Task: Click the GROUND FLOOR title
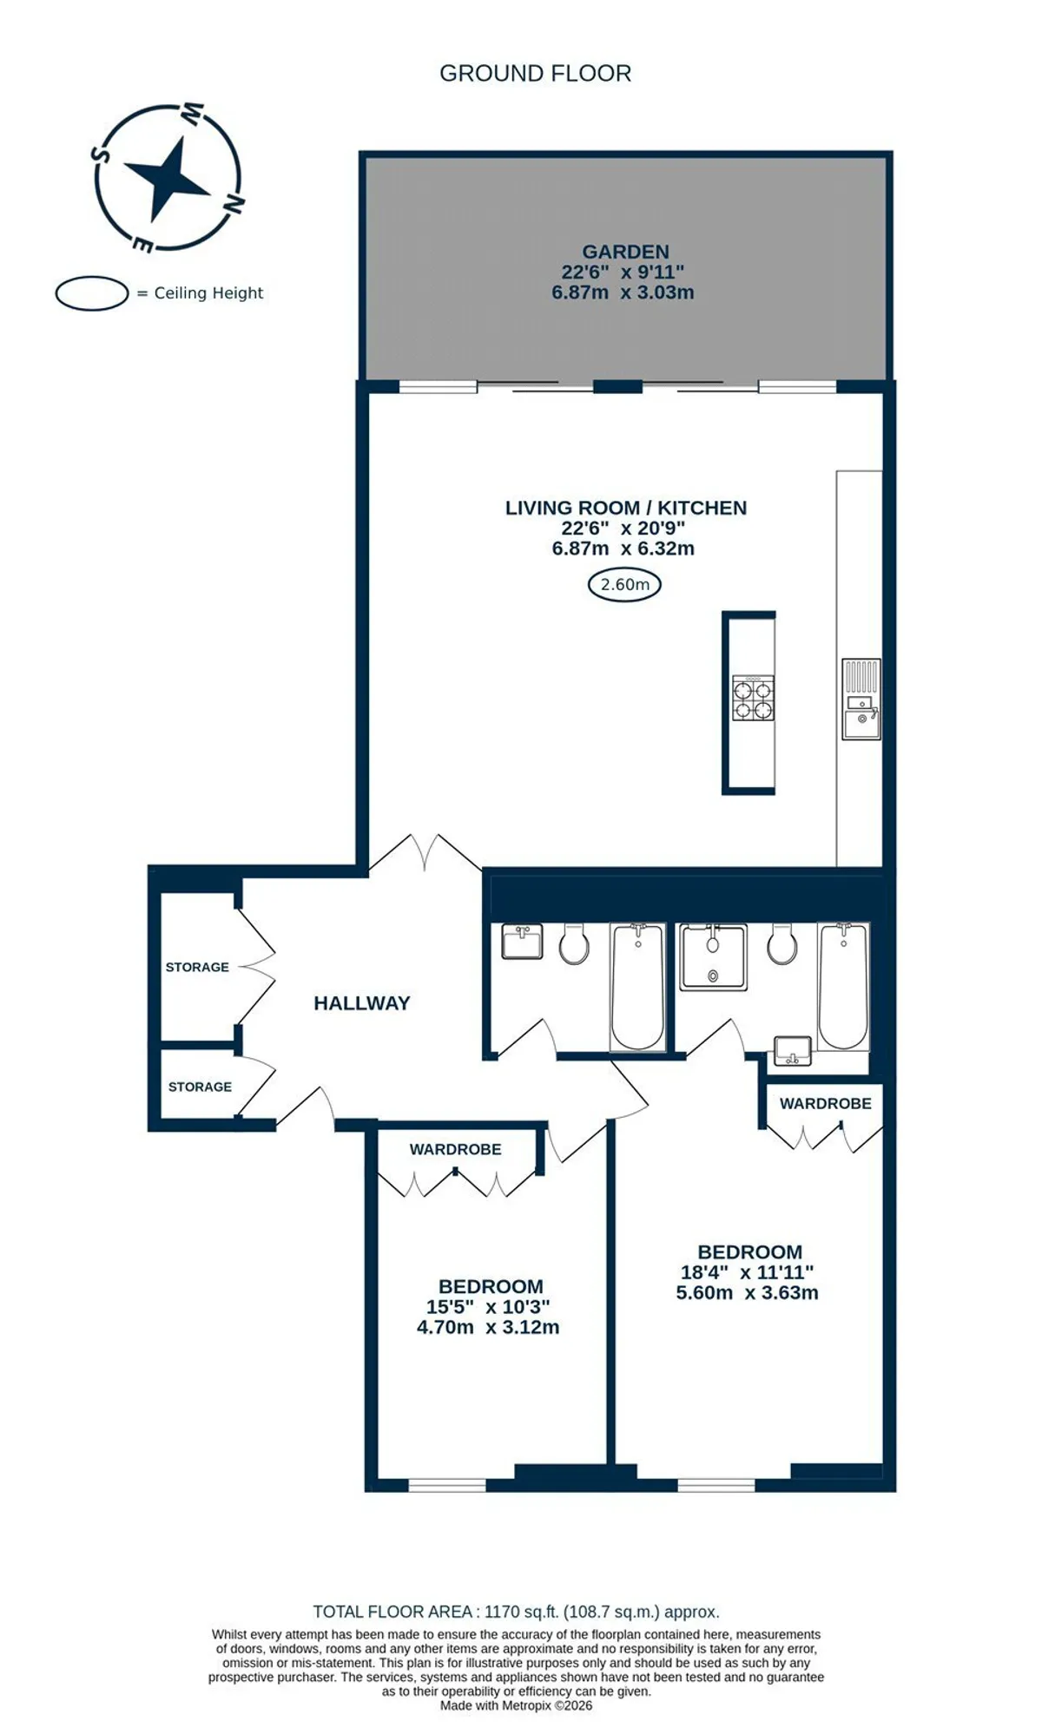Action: (535, 74)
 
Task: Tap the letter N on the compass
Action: (233, 203)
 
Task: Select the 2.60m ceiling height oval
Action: (624, 584)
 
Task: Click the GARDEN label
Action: (625, 252)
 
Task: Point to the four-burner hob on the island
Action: (753, 698)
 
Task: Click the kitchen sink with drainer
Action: (861, 699)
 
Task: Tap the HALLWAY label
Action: (361, 1003)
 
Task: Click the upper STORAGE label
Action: (197, 967)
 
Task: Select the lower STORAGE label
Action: (200, 1087)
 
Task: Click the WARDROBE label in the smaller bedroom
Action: (455, 1149)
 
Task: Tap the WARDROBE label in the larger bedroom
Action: (825, 1103)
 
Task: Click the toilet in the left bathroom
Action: (574, 944)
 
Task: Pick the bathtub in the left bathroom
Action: (638, 987)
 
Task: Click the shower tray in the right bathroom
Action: (713, 957)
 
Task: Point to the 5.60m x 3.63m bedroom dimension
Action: (747, 1292)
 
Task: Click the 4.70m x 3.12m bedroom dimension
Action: (488, 1327)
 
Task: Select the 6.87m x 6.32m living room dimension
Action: (623, 548)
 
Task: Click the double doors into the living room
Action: (425, 852)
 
